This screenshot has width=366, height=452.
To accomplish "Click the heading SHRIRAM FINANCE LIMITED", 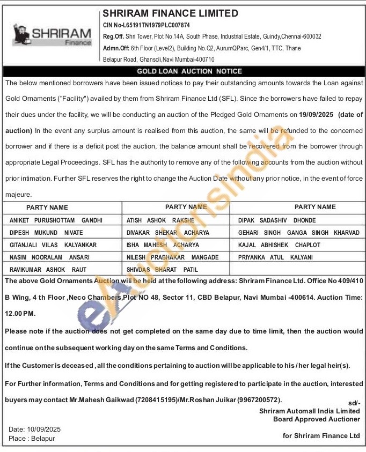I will click(x=171, y=13).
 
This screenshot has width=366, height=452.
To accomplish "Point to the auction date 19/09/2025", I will click(x=316, y=114).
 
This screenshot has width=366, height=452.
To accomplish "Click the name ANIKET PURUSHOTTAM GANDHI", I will click(x=56, y=220).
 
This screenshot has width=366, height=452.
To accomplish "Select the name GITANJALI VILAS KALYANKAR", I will click(x=53, y=245).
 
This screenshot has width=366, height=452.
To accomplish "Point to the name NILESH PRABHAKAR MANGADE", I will click(x=172, y=257).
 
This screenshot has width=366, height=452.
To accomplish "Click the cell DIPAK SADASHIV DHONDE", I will click(x=277, y=220).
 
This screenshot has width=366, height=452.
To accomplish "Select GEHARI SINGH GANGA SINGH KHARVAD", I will click(x=298, y=233).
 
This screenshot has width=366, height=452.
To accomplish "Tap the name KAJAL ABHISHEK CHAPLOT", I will click(x=279, y=245).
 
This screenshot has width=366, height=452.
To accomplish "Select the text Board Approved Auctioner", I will click(x=317, y=419).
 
